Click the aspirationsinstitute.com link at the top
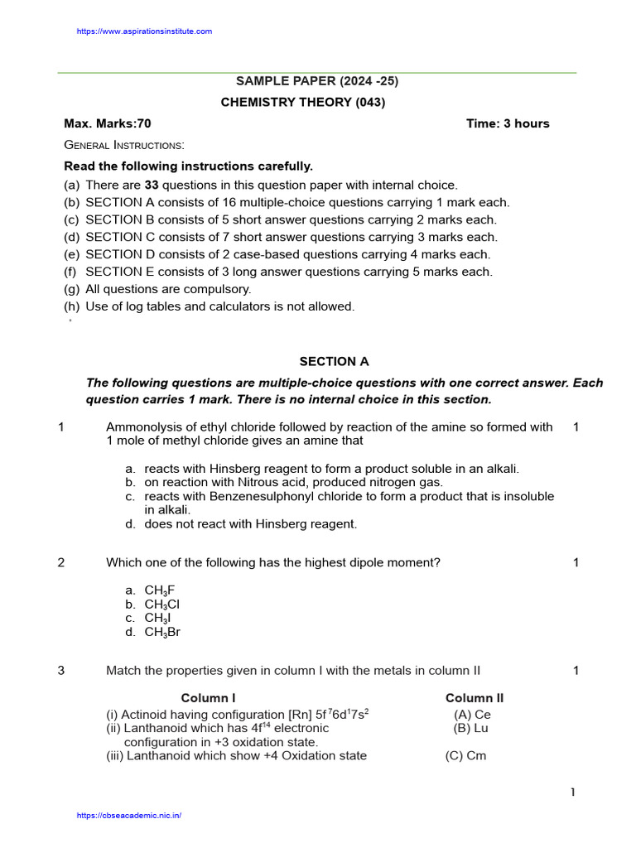click(144, 31)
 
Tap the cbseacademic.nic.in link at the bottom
click(128, 816)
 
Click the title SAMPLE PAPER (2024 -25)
click(311, 81)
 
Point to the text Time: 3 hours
click(508, 123)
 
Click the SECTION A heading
click(334, 362)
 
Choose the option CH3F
click(160, 590)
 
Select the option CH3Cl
click(162, 605)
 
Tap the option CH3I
click(158, 619)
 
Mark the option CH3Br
click(162, 633)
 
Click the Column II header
click(475, 698)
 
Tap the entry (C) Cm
click(465, 756)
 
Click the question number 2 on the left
click(61, 563)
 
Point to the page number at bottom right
click(571, 793)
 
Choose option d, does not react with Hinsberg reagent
click(251, 524)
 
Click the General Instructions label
click(124, 145)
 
